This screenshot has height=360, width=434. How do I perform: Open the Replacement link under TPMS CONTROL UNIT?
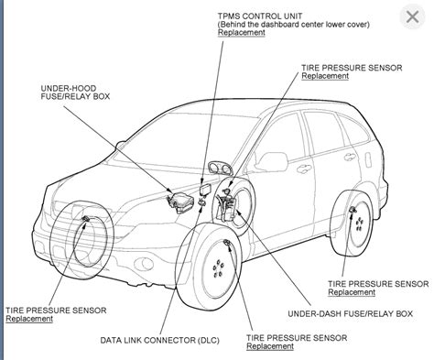(x=241, y=33)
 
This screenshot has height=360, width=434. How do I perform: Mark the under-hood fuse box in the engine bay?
(x=176, y=199)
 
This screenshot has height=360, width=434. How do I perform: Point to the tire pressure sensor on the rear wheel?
(x=353, y=213)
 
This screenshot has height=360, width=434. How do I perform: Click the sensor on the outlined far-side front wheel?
(x=85, y=219)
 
